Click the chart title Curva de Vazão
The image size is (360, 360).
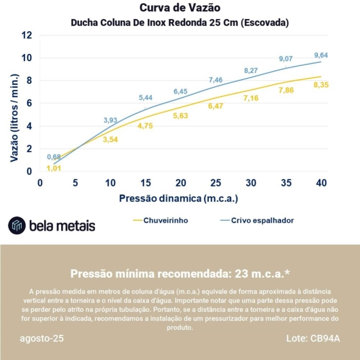coord(180,8)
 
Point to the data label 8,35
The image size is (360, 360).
coord(321,85)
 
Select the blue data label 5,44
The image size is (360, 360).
coord(146,98)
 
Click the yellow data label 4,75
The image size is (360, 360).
coord(146,126)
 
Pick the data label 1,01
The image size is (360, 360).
coord(54,168)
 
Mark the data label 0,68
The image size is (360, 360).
coord(54,157)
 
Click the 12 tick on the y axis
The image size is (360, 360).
coord(27,35)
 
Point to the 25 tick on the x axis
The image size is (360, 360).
coord(215,183)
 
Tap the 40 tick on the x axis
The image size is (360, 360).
coord(321,183)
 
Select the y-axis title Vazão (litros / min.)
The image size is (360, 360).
coord(14,118)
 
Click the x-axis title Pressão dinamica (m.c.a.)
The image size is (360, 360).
coord(179,198)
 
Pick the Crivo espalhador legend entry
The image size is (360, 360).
coord(262,220)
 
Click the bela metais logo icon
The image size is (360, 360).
coord(16,225)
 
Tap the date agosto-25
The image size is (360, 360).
coord(42,339)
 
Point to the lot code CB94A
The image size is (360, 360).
coord(325,339)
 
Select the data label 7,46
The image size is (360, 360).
coord(215,80)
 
